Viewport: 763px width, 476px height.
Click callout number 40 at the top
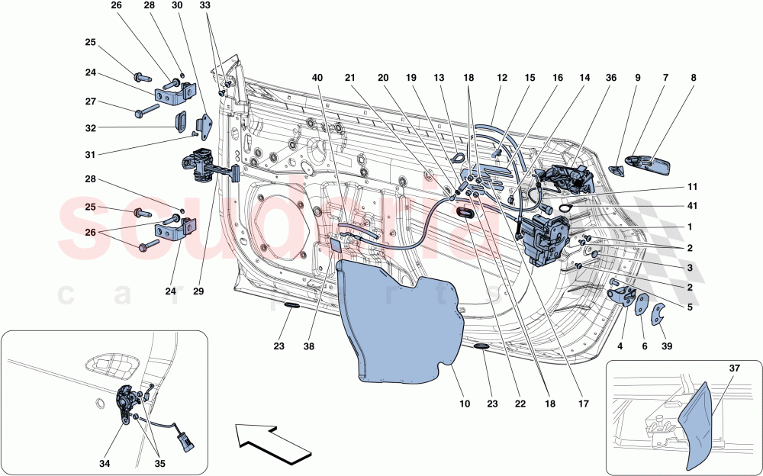click(317, 77)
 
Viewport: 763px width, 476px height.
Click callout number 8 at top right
click(693, 77)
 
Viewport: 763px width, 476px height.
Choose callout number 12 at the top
click(501, 77)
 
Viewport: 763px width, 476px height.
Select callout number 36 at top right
click(610, 77)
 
